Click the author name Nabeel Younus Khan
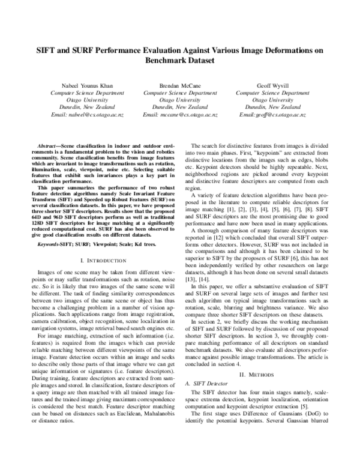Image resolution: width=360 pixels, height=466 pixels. click(87, 86)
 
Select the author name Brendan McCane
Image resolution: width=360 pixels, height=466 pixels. click(181, 86)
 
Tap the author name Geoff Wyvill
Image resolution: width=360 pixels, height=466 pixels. click(273, 86)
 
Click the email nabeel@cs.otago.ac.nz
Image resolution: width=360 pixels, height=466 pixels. click(87, 113)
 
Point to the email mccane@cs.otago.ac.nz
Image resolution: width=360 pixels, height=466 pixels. click(181, 113)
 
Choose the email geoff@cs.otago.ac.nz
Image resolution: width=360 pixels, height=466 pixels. click(273, 113)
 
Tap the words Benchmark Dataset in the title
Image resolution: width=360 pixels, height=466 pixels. click(181, 62)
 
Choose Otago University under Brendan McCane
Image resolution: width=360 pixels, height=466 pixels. click(181, 100)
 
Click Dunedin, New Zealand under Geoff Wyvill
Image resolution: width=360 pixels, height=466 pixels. click(273, 107)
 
